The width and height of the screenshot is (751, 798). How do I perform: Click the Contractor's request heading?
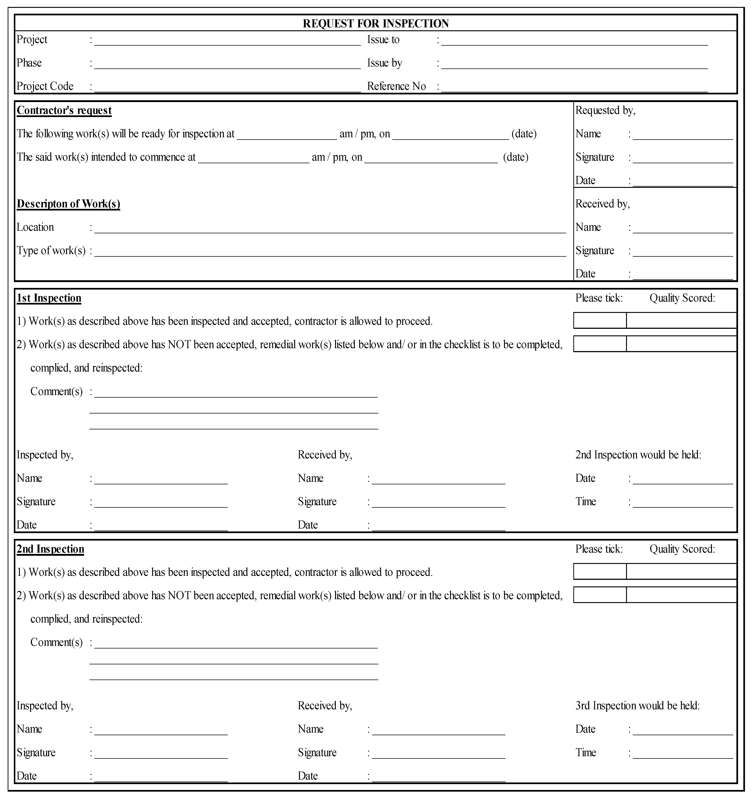64,110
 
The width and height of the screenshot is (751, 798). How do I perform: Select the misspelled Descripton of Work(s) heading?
68,204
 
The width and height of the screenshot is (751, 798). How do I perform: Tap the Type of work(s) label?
51,250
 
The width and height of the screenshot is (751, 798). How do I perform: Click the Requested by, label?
605,110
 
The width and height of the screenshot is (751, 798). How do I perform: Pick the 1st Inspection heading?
49,298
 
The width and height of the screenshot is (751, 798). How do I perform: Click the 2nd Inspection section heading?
50,549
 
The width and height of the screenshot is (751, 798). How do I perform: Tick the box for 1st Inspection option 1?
600,320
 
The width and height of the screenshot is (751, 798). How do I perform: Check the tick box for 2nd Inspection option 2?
600,594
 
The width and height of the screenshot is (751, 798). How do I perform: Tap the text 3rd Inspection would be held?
637,705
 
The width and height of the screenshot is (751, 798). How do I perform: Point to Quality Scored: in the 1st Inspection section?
682,298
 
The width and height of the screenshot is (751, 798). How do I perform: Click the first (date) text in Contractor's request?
524,134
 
